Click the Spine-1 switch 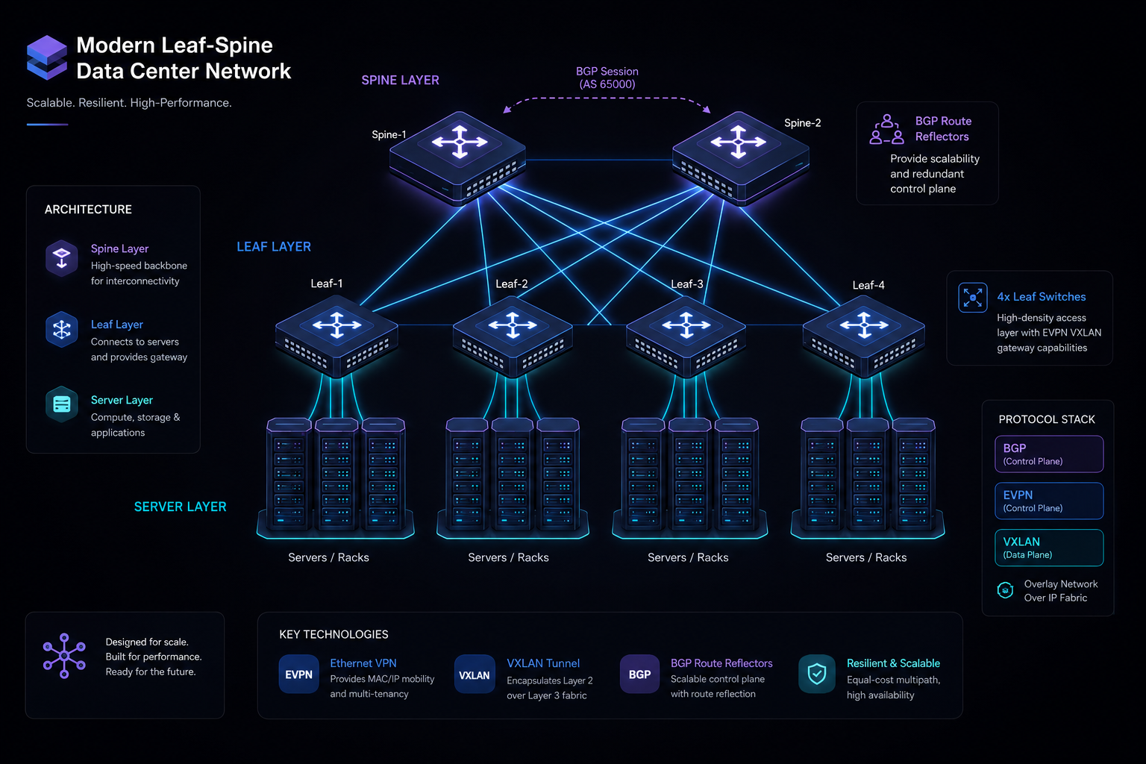(458, 157)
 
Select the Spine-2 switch (740, 157)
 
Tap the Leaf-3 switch (686, 337)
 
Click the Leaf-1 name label (326, 284)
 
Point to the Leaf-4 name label (868, 285)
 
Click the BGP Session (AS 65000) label (607, 78)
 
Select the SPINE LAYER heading (400, 81)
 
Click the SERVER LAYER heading (180, 507)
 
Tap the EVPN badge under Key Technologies (298, 674)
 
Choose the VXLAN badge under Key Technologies (475, 674)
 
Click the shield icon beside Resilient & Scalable (817, 674)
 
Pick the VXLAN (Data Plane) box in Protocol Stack (1049, 548)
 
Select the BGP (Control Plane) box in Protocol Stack (1049, 454)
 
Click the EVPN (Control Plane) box (1049, 501)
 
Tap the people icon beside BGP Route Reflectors (886, 130)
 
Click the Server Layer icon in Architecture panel (62, 404)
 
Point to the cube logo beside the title (47, 57)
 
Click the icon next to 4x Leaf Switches (973, 297)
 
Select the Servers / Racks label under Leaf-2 (508, 557)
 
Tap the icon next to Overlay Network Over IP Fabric (1005, 590)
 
